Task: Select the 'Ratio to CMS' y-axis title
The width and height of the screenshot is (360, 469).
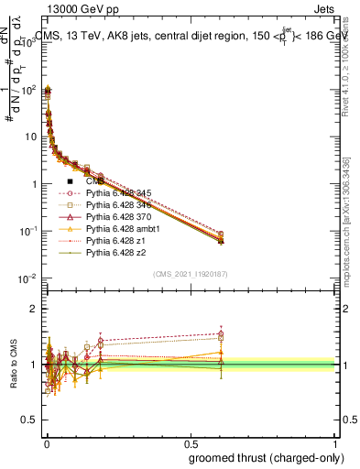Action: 13,365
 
